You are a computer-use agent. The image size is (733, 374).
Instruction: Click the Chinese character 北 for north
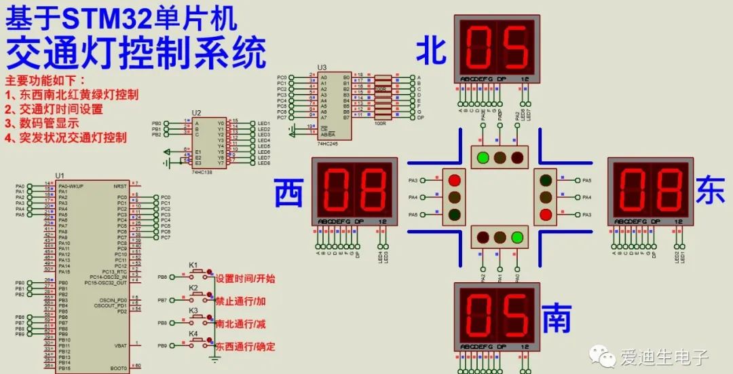coord(431,50)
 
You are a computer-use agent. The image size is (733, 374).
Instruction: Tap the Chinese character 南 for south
coord(557,318)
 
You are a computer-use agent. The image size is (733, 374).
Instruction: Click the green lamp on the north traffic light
coord(483,158)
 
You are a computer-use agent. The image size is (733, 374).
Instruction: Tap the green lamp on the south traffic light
coord(517,238)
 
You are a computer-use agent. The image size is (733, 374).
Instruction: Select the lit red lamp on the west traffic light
coord(454,180)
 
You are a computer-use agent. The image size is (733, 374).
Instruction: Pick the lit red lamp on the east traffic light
coord(546,215)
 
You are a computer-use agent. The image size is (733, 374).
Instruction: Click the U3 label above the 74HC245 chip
coord(322,68)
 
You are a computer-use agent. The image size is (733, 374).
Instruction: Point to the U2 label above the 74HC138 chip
coord(196,113)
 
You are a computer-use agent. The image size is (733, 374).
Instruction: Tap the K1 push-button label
coord(193,265)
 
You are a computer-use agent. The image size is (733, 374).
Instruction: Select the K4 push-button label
coord(193,333)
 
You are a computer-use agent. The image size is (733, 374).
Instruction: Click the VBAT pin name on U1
coord(119,345)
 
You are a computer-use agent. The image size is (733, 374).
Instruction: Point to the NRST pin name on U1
coord(119,185)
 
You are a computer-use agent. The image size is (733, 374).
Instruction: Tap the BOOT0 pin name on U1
coord(118,368)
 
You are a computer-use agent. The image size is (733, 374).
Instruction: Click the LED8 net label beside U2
coord(264,163)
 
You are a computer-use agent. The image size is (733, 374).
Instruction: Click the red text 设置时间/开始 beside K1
coord(246,279)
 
